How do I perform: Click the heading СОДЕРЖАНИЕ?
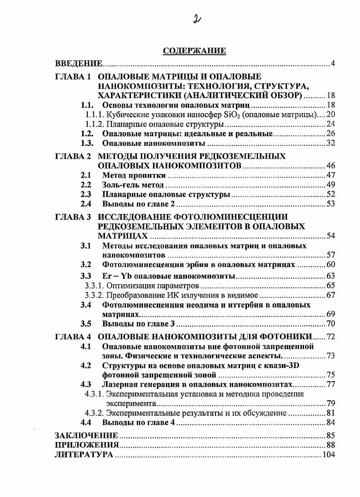click(x=194, y=51)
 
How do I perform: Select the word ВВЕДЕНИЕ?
click(x=79, y=63)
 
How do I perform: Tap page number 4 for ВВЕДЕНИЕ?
click(x=333, y=63)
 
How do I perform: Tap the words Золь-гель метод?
click(x=133, y=185)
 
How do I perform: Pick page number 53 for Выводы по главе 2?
click(x=330, y=204)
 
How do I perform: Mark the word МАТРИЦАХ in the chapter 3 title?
click(x=123, y=236)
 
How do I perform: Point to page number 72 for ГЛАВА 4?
click(x=330, y=337)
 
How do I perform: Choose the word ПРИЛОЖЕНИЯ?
click(x=87, y=445)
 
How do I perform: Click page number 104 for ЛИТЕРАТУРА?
click(x=328, y=454)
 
